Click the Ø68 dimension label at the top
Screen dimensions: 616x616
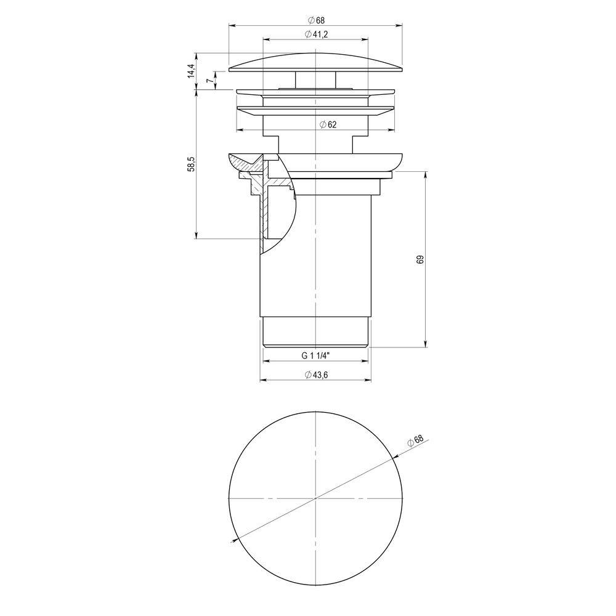(x=316, y=20)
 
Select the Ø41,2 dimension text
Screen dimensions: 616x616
(x=316, y=34)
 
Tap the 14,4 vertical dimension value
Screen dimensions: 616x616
(x=191, y=71)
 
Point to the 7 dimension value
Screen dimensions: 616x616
(x=210, y=80)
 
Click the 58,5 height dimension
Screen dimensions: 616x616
(x=191, y=164)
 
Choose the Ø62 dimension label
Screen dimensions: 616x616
(x=328, y=124)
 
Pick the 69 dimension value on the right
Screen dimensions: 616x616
(x=420, y=260)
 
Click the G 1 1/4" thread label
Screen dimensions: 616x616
(x=315, y=356)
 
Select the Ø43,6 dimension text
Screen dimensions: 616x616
(x=316, y=375)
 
